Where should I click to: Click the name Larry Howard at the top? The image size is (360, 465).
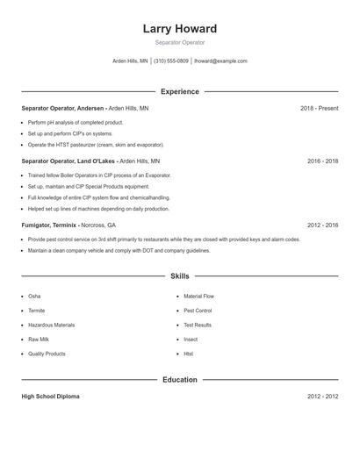pos(179,29)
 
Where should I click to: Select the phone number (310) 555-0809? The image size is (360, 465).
pos(170,61)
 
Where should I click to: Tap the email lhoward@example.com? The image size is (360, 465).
pos(220,61)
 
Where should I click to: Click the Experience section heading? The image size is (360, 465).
pos(179,91)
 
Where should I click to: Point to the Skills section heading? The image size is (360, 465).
pos(179,276)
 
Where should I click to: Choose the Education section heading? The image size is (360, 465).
pos(179,380)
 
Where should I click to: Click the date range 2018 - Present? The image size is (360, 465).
pos(319,108)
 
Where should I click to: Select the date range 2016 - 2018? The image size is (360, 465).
pos(322,161)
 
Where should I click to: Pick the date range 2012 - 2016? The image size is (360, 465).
pos(322,225)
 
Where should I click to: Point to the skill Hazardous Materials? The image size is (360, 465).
pos(51,325)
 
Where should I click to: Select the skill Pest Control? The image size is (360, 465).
pos(198,311)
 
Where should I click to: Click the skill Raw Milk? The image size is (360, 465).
pos(39,340)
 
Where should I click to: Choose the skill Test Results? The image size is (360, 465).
pos(198,325)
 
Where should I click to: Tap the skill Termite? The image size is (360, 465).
pos(36,311)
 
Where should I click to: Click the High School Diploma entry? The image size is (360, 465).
pos(50,397)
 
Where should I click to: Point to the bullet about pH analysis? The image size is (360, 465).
pos(76,122)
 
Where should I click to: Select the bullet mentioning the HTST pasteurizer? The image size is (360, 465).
pos(96,145)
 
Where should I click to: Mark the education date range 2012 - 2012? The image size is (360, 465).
pos(322,397)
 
